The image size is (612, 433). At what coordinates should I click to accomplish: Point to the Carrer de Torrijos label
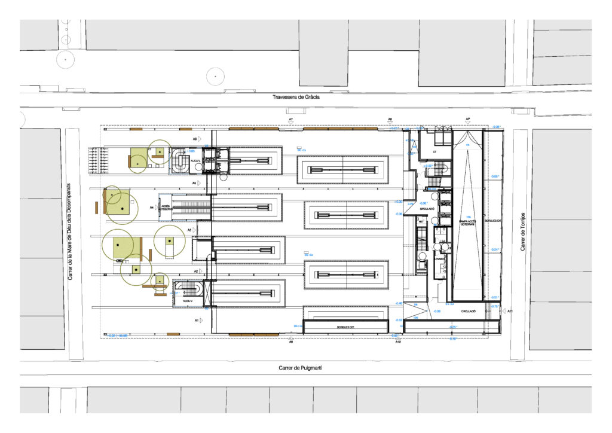522,231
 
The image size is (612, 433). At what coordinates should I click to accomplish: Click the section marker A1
197,321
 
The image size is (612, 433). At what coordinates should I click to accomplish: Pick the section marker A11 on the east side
510,312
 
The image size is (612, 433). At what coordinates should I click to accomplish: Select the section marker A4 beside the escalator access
152,208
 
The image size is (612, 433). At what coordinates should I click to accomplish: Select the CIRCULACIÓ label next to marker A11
469,312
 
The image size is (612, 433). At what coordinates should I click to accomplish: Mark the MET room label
421,221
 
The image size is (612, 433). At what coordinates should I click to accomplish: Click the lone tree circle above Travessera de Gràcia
215,76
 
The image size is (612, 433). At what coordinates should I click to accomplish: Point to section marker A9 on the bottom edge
291,343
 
